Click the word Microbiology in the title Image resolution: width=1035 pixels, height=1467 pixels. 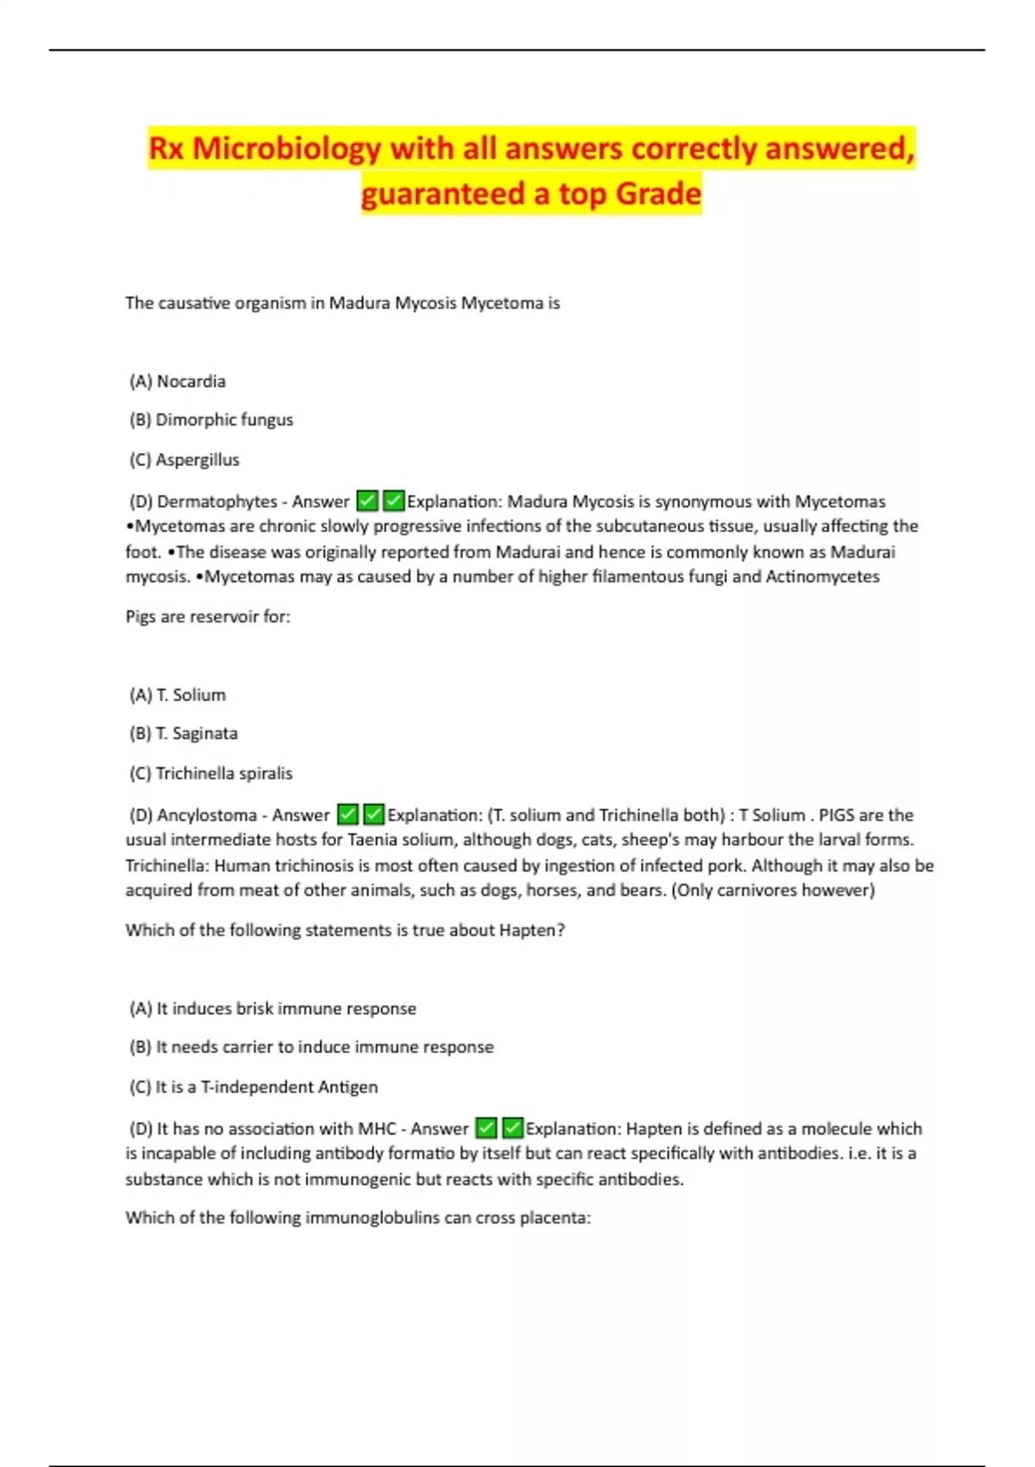click(x=286, y=149)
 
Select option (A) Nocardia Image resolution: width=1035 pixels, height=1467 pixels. click(x=178, y=381)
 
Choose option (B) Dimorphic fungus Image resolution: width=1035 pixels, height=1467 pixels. click(x=211, y=420)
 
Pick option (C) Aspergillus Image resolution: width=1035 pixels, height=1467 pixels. click(x=185, y=460)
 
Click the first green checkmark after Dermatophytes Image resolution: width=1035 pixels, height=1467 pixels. click(x=367, y=501)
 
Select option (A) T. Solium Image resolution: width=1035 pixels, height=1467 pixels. click(x=178, y=695)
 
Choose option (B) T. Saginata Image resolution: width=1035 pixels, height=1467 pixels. click(x=184, y=733)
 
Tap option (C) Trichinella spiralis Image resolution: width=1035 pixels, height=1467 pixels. click(x=211, y=773)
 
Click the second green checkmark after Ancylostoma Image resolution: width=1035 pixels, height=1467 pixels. click(x=373, y=815)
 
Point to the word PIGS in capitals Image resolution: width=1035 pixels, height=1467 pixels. click(x=836, y=815)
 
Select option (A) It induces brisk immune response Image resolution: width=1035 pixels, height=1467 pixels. click(x=273, y=1009)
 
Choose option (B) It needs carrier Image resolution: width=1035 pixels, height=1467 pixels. click(x=311, y=1047)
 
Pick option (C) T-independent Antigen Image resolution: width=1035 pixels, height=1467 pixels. click(x=254, y=1087)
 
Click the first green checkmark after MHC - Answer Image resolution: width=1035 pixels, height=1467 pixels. click(x=486, y=1128)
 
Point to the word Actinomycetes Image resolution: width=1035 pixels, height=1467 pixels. click(x=823, y=576)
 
